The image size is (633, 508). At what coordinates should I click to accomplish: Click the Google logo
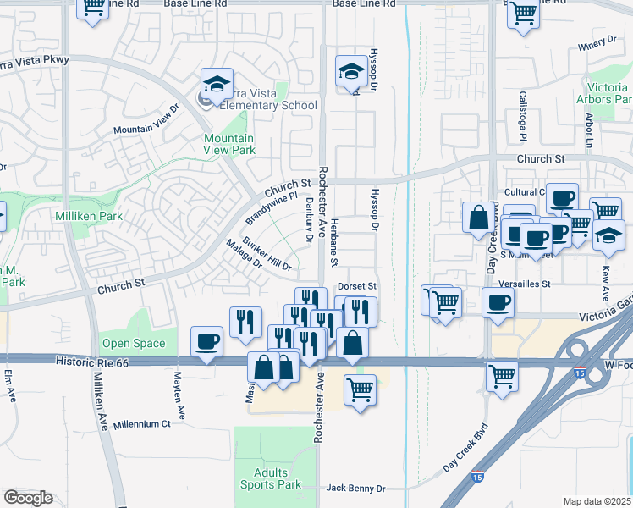(x=28, y=498)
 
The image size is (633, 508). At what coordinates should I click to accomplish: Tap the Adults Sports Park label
(x=270, y=478)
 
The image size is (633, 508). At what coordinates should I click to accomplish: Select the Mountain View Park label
(x=228, y=144)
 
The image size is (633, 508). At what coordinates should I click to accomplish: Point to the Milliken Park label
(x=89, y=216)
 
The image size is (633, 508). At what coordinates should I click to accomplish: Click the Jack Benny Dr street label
(x=355, y=489)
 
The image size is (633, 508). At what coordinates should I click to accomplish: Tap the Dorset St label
(x=356, y=287)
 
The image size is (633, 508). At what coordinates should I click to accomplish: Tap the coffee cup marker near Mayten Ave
(x=207, y=342)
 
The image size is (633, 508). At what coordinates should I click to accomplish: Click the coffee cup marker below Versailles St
(x=498, y=302)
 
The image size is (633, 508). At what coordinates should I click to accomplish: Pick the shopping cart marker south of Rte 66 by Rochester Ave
(x=361, y=390)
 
